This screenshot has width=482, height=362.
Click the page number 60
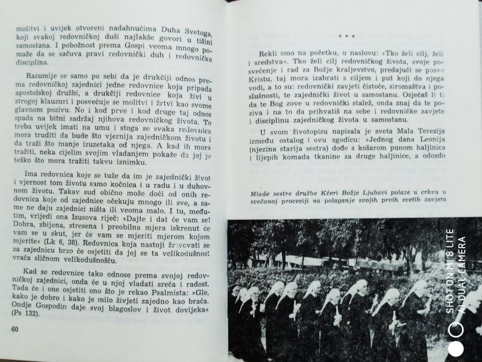pos(14,329)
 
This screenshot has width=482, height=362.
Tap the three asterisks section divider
pos(347,36)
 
